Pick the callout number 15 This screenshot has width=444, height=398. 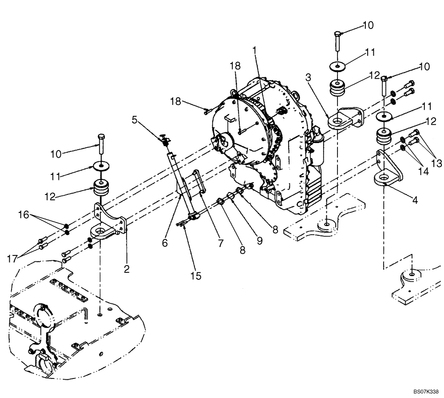coord(195,276)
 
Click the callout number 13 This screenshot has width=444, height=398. coord(437,164)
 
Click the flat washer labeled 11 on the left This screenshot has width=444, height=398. coord(102,166)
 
